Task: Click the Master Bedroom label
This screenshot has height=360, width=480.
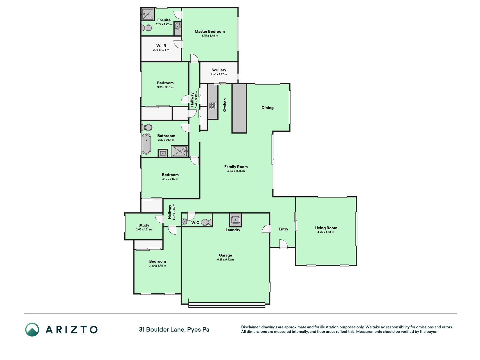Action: tap(209, 31)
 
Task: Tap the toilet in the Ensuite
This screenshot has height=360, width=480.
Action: tap(147, 28)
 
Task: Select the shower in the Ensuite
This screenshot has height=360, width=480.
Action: tap(148, 14)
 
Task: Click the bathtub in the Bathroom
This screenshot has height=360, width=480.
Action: tap(146, 144)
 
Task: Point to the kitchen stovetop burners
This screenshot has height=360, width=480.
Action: tap(213, 106)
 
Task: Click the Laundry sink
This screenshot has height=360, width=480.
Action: tap(236, 220)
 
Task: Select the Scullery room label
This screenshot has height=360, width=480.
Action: tap(219, 70)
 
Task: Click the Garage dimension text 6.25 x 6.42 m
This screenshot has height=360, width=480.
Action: tap(225, 260)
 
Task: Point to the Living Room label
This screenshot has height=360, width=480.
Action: tap(326, 228)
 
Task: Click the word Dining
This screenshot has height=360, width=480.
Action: tap(267, 108)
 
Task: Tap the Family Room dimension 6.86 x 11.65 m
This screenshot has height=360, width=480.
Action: tap(236, 171)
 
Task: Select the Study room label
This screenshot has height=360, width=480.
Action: tap(144, 225)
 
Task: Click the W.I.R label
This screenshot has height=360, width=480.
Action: tap(161, 46)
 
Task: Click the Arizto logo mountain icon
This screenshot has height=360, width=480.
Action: tap(32, 330)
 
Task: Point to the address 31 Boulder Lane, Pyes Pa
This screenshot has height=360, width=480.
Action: tap(174, 330)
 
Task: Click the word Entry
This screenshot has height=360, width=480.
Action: tap(283, 229)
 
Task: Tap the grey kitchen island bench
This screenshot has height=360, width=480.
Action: tap(239, 108)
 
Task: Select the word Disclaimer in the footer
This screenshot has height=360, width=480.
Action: tap(251, 327)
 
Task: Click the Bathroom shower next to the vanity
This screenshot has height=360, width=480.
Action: tap(179, 151)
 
